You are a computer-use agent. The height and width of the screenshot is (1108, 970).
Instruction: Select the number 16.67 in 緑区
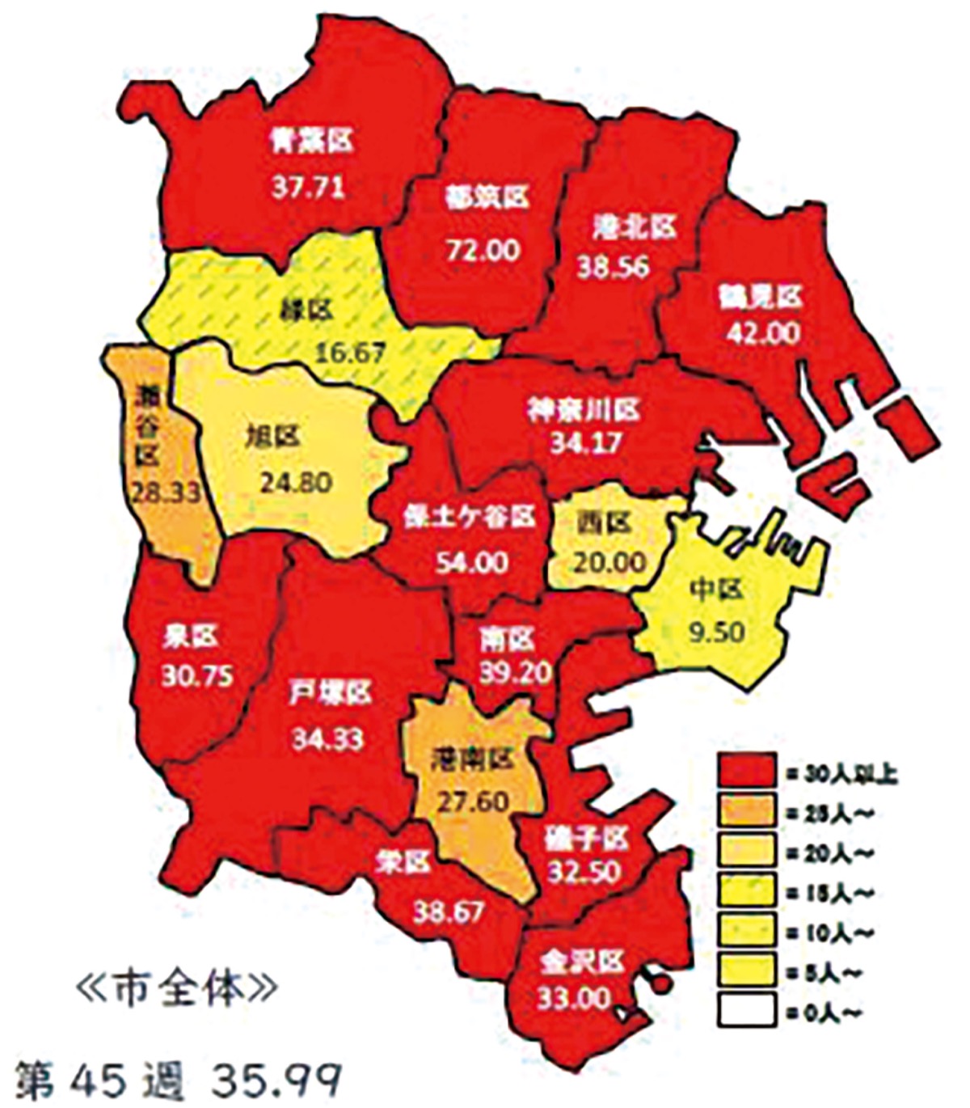(350, 352)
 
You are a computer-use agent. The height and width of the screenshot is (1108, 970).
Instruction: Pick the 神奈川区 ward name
(584, 409)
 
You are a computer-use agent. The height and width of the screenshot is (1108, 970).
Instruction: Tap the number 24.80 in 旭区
(296, 482)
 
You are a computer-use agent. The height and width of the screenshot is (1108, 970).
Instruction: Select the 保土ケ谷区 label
(470, 518)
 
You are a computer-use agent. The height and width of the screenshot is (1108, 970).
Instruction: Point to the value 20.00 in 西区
(610, 560)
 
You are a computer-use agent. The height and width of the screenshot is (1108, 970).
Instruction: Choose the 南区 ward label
(507, 640)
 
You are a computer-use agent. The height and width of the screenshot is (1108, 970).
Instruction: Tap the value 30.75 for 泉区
(197, 675)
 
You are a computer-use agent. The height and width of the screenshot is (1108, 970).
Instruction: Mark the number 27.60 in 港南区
(473, 801)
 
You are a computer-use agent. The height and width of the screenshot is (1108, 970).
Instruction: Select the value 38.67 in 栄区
(448, 911)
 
